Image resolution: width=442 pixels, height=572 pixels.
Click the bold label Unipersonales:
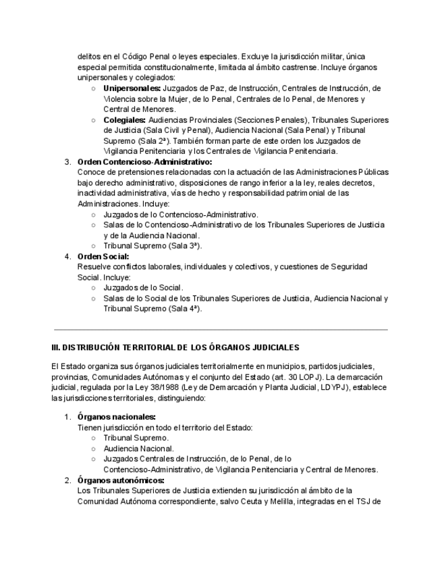tap(132, 88)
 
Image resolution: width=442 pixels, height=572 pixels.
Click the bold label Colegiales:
tap(126, 120)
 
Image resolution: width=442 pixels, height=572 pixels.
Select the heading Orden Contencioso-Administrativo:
tap(144, 162)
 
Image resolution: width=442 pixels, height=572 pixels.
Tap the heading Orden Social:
tap(103, 256)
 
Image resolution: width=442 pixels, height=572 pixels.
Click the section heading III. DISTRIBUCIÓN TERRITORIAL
tap(175, 347)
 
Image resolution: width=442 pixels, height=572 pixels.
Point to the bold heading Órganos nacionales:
tap(117, 417)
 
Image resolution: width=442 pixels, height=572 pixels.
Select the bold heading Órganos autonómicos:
tap(120, 480)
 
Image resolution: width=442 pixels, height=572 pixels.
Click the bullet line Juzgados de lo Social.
tap(143, 287)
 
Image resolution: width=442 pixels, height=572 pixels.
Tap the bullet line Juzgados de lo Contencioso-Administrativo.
tap(180, 214)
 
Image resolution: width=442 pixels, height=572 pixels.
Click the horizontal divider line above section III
tap(221, 330)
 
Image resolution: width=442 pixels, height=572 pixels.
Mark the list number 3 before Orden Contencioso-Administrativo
tap(67, 162)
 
